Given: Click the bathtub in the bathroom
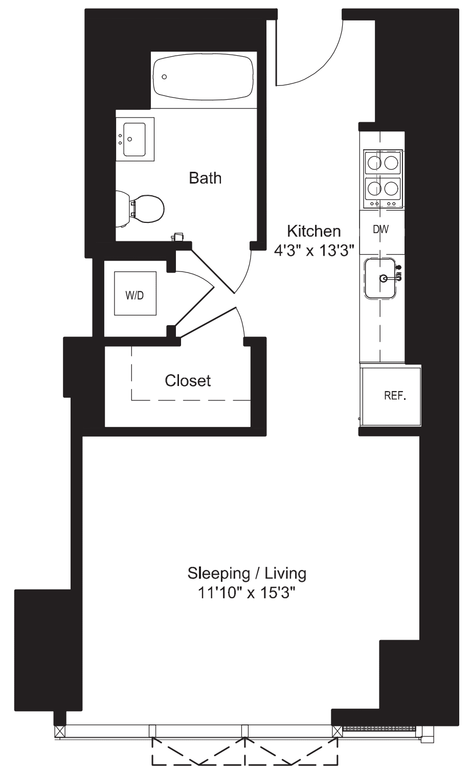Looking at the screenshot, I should (203, 77).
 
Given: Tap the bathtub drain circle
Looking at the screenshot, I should (164, 77).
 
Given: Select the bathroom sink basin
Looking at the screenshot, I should (135, 139).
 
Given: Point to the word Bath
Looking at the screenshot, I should (205, 178).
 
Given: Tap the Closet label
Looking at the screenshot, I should (188, 380).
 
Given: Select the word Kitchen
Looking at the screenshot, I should (313, 231).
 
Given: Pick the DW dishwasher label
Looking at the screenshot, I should (380, 230).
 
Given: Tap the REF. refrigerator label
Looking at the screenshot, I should (395, 396).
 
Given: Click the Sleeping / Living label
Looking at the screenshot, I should (246, 573).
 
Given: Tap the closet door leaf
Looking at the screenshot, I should (207, 322).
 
